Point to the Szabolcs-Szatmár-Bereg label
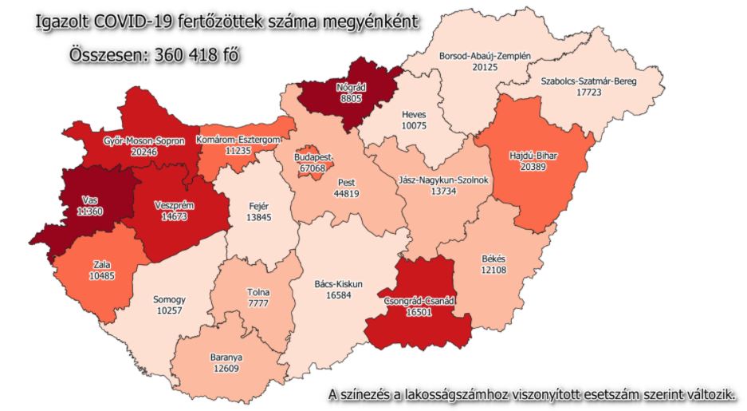pos(588,81)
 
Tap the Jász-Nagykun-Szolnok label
pos(442,180)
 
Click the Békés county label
pos(494,259)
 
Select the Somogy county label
pos(169,300)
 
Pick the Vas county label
pos(90,201)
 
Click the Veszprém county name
pos(175,205)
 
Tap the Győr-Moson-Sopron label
pos(144,140)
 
